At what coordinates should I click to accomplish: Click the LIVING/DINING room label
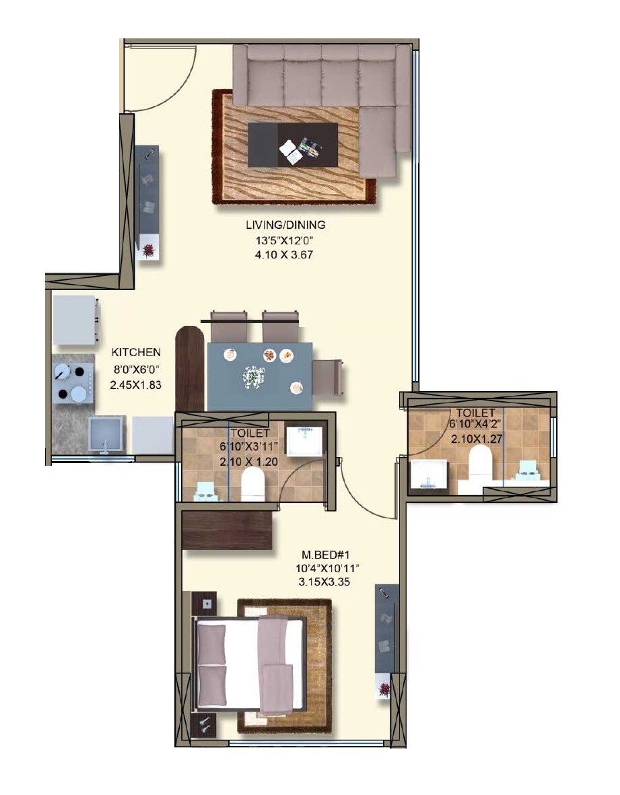(x=285, y=225)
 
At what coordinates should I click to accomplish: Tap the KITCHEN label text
(x=136, y=352)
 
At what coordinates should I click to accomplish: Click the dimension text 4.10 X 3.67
(x=285, y=254)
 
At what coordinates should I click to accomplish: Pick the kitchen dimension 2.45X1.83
(x=135, y=386)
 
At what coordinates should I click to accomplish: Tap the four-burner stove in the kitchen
(x=73, y=382)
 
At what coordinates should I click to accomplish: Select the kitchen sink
(x=106, y=434)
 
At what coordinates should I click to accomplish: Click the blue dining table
(x=260, y=376)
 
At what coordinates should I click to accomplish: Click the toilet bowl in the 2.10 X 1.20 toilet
(x=252, y=483)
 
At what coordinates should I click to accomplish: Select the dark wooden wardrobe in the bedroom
(x=228, y=530)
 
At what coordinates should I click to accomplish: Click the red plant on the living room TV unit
(x=148, y=251)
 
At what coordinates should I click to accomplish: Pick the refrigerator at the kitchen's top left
(x=75, y=320)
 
